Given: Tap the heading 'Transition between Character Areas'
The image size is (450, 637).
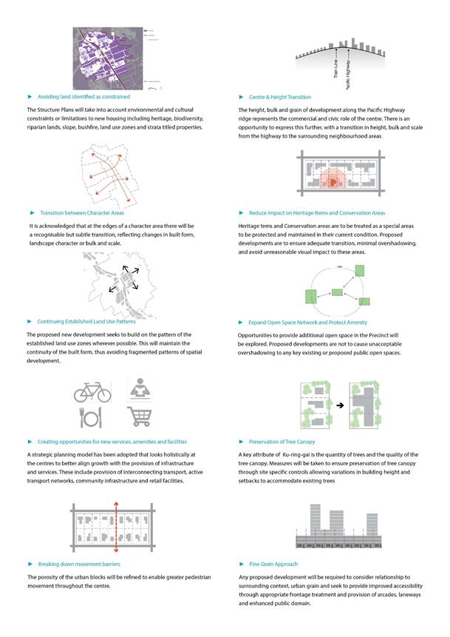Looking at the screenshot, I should [82, 212].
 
